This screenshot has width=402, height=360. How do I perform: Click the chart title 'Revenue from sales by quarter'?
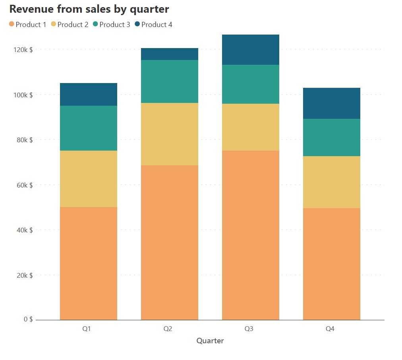pos(89,9)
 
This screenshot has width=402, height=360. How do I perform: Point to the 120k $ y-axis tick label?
pos(23,50)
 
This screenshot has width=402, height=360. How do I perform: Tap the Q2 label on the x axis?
pos(168,329)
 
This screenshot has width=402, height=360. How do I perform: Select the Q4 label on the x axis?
pos(330,329)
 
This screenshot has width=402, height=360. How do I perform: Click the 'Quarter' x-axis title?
pos(210,341)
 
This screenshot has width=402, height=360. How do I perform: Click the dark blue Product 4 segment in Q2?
pos(170,54)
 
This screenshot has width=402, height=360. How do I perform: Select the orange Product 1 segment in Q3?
pos(251,235)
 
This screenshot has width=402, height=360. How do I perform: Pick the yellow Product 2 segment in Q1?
pos(89,179)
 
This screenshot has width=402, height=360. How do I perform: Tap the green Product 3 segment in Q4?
pos(332,137)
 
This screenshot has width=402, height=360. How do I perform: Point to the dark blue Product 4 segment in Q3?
pos(251,50)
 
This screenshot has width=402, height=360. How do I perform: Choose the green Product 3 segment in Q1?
pos(89,128)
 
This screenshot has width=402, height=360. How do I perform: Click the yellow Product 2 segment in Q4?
pos(332,182)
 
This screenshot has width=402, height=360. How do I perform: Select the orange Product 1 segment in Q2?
pos(170,242)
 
